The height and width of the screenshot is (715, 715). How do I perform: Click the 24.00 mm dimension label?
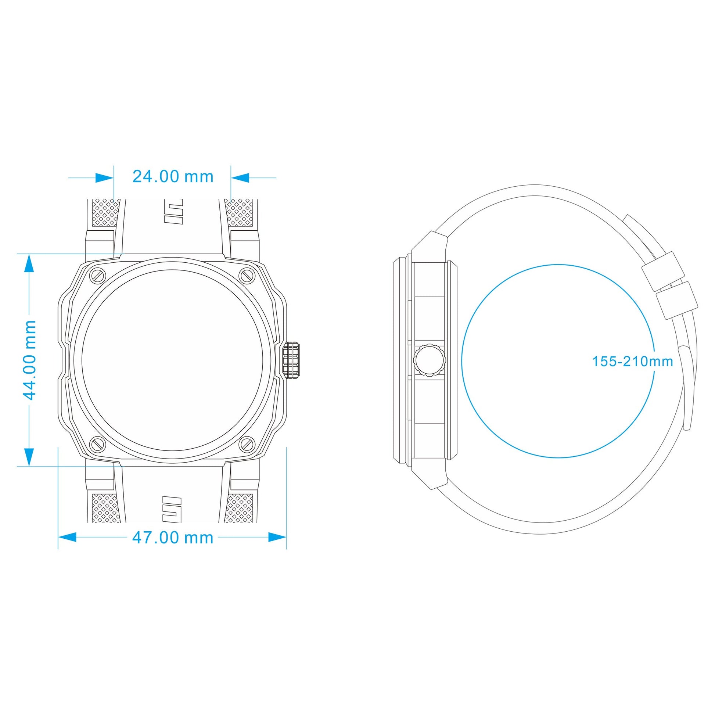tap(173, 176)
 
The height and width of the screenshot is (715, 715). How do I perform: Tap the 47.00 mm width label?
tap(173, 538)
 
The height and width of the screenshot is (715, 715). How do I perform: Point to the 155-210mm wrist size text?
tap(632, 361)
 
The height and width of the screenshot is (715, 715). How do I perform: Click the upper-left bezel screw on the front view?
tap(98, 275)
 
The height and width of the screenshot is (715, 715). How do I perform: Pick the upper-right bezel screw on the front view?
tap(247, 275)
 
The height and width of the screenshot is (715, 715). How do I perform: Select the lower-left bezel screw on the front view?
tap(98, 444)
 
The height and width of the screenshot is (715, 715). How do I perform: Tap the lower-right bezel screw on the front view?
tap(247, 444)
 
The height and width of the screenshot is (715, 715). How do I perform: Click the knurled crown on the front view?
tap(291, 360)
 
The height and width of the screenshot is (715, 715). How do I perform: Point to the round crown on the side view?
tap(429, 360)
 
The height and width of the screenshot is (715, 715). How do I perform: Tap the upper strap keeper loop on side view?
tap(662, 271)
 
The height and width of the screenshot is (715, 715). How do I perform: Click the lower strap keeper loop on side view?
tap(677, 300)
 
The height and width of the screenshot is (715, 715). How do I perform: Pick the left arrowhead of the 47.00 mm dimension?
tap(67, 538)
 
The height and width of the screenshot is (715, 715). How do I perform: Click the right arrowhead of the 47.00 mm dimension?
tap(277, 538)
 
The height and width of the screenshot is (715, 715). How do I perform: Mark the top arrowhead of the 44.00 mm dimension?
tap(29, 263)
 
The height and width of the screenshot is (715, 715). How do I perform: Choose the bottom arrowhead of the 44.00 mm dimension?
tap(29, 457)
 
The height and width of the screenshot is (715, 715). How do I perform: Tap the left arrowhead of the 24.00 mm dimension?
tap(105, 177)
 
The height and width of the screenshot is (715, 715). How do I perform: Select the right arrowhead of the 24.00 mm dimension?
tap(240, 177)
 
